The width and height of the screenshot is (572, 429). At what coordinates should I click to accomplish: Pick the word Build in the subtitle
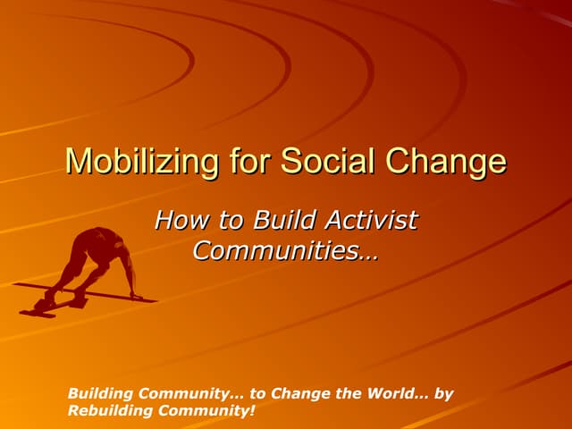pos(287,219)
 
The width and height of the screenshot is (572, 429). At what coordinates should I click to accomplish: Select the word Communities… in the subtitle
pos(285,250)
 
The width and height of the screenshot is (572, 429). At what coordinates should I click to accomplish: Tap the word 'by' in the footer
pos(443,393)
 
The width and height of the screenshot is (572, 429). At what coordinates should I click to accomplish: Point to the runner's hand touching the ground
pos(134,296)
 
